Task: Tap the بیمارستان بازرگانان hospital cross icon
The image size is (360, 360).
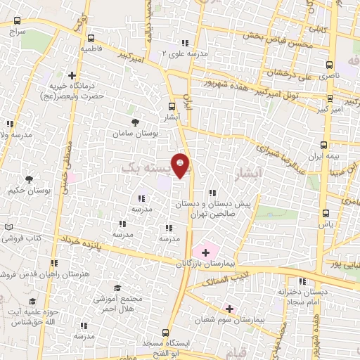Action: coord(205,252)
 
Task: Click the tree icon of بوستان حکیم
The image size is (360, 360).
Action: coord(29,179)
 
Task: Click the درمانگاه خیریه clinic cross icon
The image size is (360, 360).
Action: coord(72,75)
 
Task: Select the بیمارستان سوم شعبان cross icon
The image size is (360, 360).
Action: coord(229,308)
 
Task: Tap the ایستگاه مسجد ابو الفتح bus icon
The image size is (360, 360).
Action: coord(165,331)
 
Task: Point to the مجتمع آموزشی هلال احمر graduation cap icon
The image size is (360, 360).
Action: coord(117,288)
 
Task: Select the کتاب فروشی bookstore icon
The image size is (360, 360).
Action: coord(8,228)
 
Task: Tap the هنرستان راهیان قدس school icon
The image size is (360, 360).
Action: coord(56,262)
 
